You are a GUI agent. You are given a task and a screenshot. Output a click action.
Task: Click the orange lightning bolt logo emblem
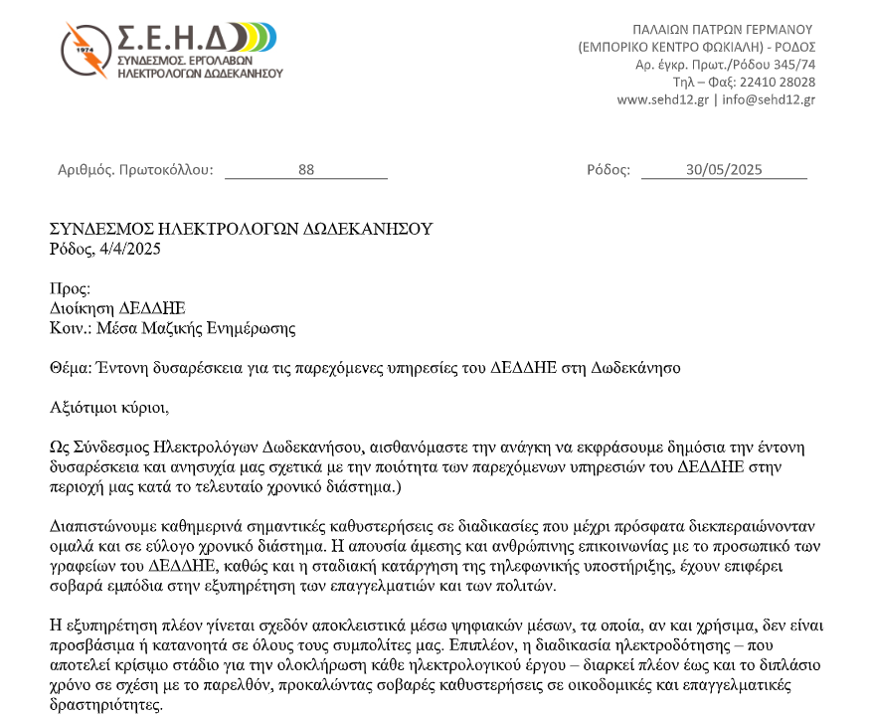[86, 51]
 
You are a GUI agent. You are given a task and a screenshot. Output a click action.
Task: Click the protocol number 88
[306, 170]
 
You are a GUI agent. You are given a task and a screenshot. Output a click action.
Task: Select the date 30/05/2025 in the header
[724, 170]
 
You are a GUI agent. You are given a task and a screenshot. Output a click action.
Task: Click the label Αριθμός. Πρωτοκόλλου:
[135, 170]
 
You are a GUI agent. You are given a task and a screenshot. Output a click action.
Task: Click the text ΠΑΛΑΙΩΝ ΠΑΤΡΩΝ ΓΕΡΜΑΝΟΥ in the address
[723, 28]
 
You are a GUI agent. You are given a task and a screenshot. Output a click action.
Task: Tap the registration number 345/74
[794, 64]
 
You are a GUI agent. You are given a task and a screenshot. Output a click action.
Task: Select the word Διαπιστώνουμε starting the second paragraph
[97, 524]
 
